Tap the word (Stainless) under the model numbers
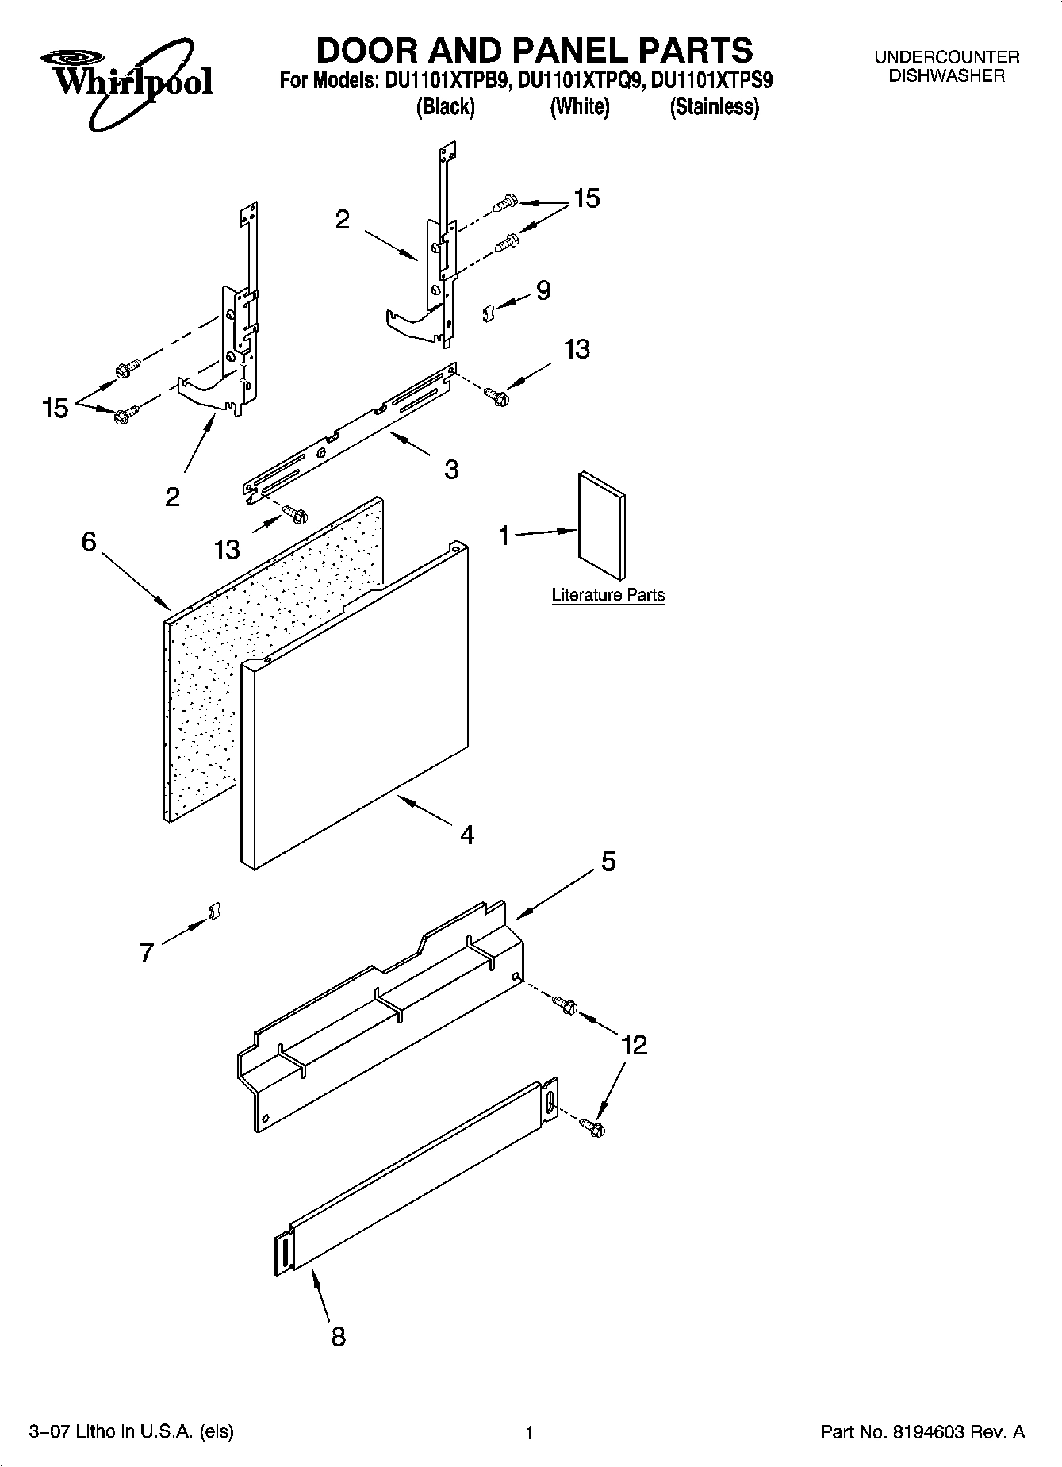coord(714,107)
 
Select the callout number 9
coord(543,290)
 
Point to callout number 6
coord(89,542)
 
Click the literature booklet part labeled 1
coord(602,526)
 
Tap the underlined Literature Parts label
coord(608,595)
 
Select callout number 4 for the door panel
coord(467,834)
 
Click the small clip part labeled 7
coord(213,912)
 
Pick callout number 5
coord(608,861)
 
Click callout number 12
coord(635,1045)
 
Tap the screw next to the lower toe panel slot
coord(592,1125)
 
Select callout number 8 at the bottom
coord(338,1336)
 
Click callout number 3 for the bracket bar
coord(450,470)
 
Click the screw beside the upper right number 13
coord(496,394)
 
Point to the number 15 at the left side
coord(56,409)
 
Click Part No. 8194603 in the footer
coord(922,1431)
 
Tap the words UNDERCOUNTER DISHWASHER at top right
coord(946,67)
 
